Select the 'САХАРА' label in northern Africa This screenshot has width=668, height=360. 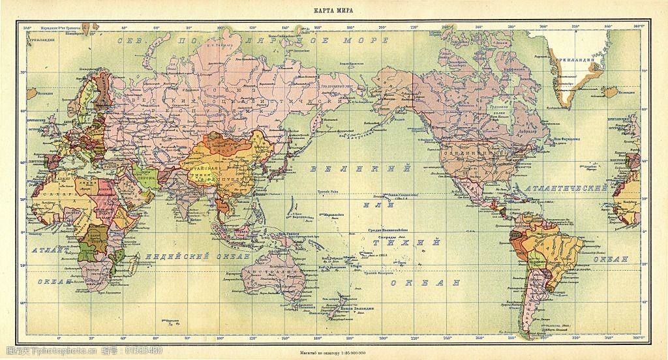50,194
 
